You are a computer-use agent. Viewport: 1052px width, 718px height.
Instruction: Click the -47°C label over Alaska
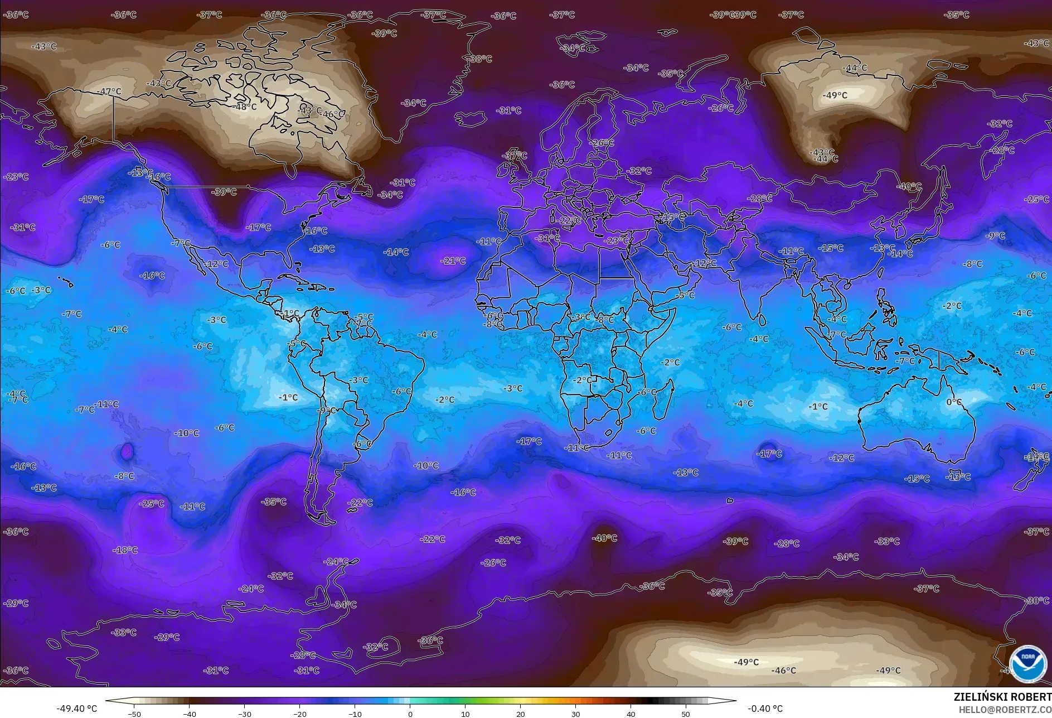(x=109, y=91)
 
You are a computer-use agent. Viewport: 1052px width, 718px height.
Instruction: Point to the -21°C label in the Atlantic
(x=453, y=261)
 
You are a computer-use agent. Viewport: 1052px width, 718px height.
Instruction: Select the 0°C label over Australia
(x=954, y=402)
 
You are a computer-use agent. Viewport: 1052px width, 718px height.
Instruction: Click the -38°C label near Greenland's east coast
(x=480, y=59)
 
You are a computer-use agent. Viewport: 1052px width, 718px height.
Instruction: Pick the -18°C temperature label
(x=125, y=550)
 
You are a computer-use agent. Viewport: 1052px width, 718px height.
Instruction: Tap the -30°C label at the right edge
(x=1036, y=601)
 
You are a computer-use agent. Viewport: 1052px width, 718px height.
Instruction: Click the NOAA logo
(x=1027, y=664)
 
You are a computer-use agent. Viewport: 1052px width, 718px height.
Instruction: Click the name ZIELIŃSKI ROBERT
(x=1002, y=697)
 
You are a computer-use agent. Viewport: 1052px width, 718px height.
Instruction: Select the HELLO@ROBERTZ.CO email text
(x=1005, y=710)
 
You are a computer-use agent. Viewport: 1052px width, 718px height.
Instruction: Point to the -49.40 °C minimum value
(x=76, y=709)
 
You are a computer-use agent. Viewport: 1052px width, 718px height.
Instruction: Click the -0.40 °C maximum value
(x=765, y=709)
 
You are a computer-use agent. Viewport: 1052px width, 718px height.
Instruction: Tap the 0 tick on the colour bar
(x=410, y=714)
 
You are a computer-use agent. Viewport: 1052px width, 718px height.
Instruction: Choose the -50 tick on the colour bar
(x=134, y=714)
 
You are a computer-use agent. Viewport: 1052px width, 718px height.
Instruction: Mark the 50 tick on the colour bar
(x=686, y=714)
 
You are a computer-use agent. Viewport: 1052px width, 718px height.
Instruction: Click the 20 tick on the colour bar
(x=520, y=714)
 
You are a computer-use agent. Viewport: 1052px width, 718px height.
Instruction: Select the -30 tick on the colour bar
(x=244, y=714)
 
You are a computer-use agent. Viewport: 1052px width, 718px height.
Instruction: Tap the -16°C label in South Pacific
(x=23, y=466)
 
